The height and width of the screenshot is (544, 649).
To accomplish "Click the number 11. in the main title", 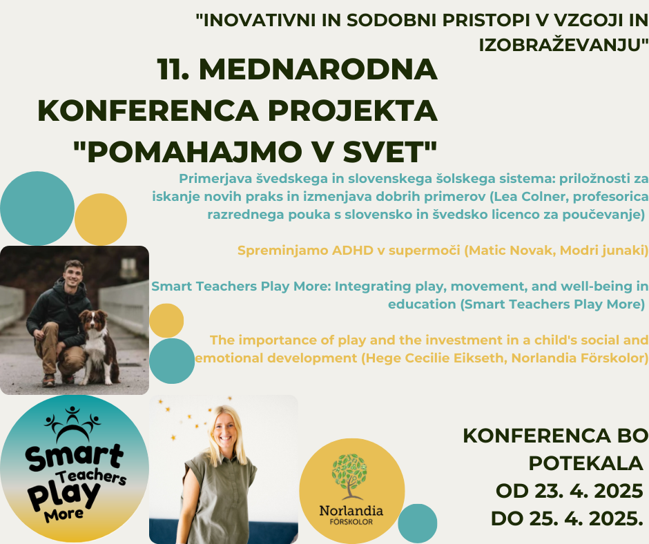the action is click(x=173, y=69).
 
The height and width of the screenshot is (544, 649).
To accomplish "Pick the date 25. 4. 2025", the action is click(x=588, y=518).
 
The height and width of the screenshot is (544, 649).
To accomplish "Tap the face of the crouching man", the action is click(x=73, y=275).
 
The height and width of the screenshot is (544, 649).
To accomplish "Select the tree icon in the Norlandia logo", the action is click(x=350, y=476).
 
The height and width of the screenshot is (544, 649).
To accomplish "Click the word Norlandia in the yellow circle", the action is click(x=351, y=510).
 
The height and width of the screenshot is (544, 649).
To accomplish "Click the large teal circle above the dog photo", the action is click(x=37, y=208).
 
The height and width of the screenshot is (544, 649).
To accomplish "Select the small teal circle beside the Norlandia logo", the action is click(x=418, y=523).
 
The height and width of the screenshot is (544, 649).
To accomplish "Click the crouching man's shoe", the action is click(x=49, y=380).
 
